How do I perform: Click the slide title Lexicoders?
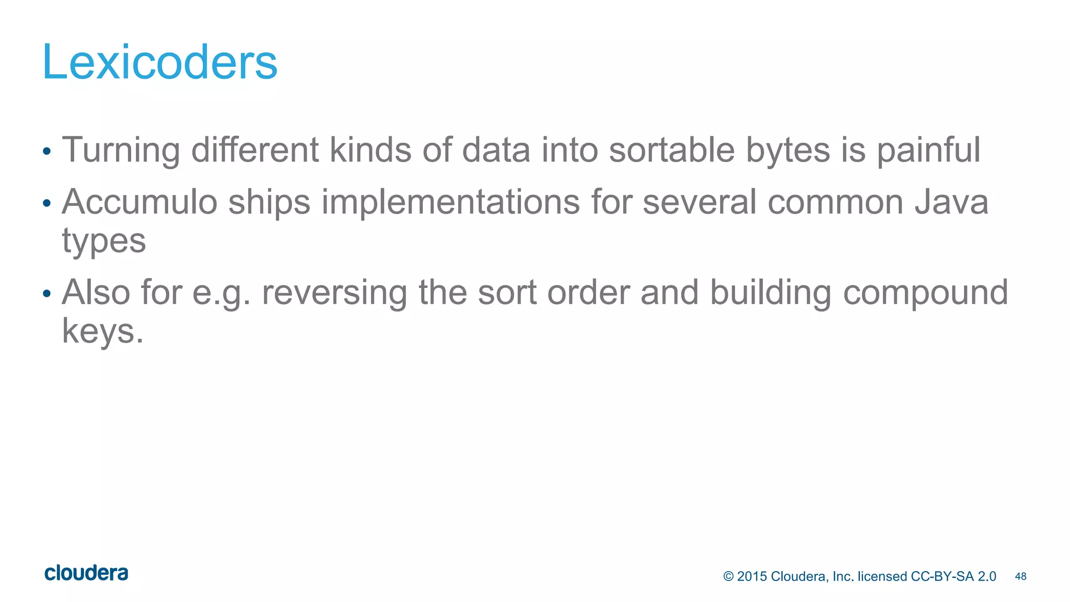(x=159, y=63)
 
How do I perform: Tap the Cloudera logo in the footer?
(x=86, y=573)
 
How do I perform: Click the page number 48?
(x=1020, y=576)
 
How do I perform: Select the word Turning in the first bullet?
(x=121, y=150)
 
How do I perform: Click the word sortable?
(x=671, y=150)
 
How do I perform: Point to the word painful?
(x=928, y=150)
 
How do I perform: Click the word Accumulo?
(x=139, y=202)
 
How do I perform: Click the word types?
(x=103, y=241)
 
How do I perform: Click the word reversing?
(x=334, y=293)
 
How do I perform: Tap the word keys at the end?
(x=102, y=331)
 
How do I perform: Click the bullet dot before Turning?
(x=47, y=152)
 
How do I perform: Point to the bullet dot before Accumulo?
(x=47, y=204)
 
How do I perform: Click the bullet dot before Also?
(x=47, y=294)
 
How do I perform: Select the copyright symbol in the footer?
(x=728, y=576)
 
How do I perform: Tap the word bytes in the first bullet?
(x=787, y=150)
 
